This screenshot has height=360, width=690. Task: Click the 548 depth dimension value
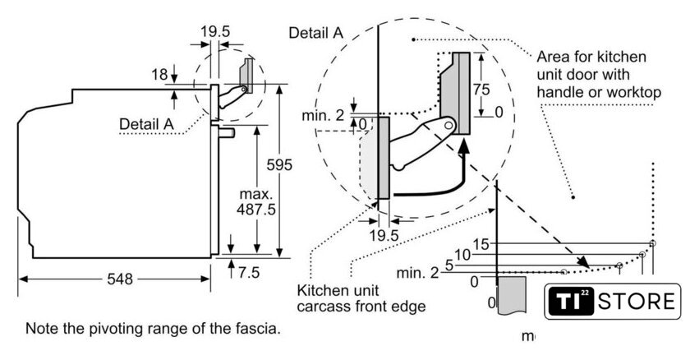coord(120,279)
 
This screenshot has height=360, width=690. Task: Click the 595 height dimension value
coord(278,165)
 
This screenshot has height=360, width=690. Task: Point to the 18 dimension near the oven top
coord(159,75)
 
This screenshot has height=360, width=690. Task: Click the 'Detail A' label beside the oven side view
coord(147,123)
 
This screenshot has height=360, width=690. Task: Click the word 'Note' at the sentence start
coord(43,329)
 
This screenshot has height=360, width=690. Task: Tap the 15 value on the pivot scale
coord(481,243)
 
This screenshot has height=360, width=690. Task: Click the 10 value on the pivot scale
coord(462,255)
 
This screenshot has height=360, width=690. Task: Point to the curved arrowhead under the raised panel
coord(465,148)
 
